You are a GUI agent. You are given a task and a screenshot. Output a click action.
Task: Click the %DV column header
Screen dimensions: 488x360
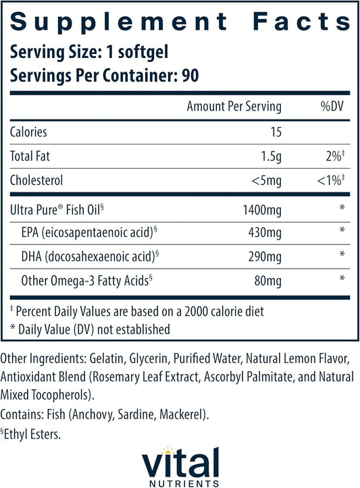pyautogui.click(x=332, y=107)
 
